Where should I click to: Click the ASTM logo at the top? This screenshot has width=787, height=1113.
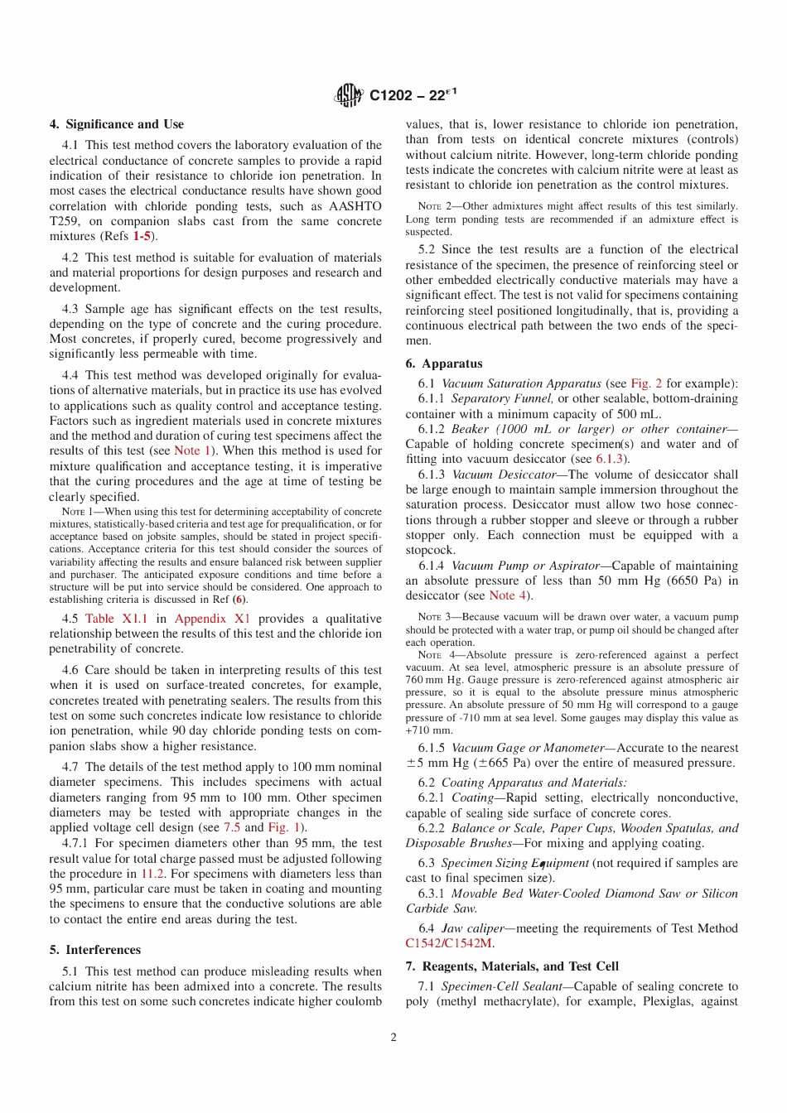[349, 95]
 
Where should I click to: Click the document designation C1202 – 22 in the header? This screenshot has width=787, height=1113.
[412, 95]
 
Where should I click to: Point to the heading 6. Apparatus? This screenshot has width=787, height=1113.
[443, 364]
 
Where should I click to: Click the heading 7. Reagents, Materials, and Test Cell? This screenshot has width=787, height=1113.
[511, 966]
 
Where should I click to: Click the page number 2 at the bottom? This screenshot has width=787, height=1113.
[393, 1037]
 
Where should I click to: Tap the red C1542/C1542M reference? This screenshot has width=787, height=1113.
[448, 943]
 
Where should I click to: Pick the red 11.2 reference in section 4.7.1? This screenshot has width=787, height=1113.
[152, 874]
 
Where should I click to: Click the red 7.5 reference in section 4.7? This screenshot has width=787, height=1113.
[232, 827]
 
